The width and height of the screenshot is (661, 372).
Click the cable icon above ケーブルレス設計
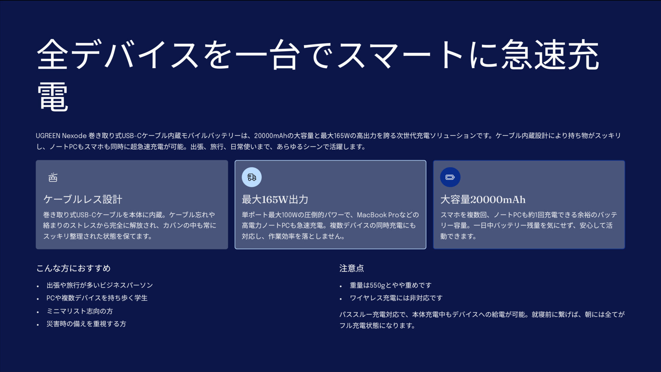tap(53, 177)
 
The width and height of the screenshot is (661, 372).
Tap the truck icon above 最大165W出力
tap(252, 177)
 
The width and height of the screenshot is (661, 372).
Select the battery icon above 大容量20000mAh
tap(450, 177)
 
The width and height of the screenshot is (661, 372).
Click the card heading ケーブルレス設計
tap(83, 199)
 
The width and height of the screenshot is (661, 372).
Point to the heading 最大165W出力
tap(275, 199)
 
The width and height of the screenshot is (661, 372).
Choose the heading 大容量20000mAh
tap(483, 199)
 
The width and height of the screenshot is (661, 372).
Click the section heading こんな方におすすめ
tap(73, 268)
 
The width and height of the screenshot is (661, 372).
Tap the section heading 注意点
tap(352, 268)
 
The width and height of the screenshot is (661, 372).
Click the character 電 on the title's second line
tap(53, 97)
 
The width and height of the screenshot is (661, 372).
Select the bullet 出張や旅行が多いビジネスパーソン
tap(99, 285)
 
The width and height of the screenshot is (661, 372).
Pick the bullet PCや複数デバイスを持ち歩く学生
tap(97, 298)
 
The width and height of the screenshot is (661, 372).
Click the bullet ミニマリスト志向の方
tap(80, 311)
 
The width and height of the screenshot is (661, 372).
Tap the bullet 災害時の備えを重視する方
tap(86, 324)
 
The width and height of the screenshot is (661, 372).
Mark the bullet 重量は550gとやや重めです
tap(390, 285)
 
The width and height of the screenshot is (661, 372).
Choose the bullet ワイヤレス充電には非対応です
tap(396, 298)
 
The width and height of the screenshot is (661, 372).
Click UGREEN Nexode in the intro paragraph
tap(61, 136)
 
